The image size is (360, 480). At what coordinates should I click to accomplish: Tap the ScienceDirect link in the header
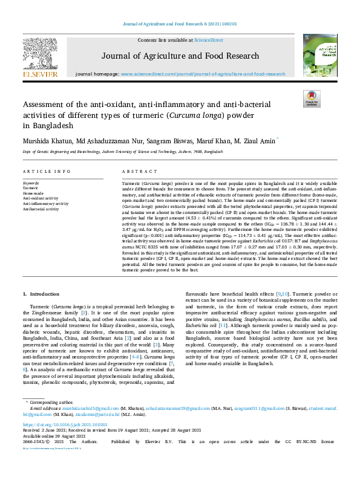tap(208, 40)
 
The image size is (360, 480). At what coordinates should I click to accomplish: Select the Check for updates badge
tap(312, 99)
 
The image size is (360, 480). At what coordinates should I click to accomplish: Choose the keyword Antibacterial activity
tap(41, 209)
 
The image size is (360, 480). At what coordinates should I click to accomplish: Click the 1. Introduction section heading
tap(41, 293)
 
